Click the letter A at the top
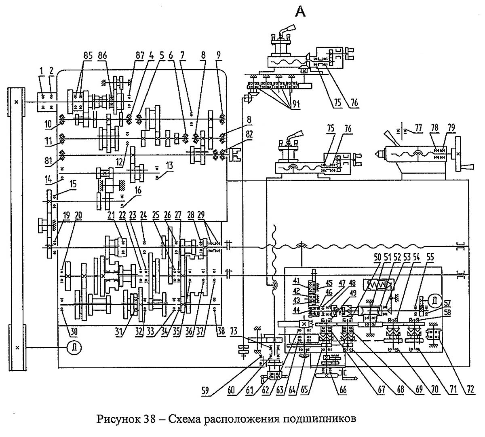pyautogui.click(x=301, y=12)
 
